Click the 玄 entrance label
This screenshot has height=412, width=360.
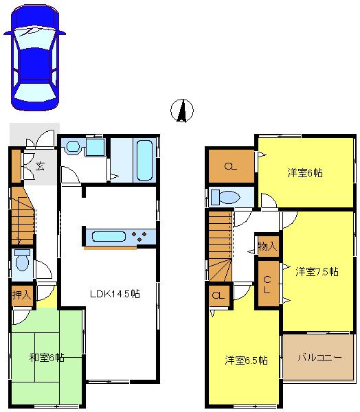(x=41, y=165)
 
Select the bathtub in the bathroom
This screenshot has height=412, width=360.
(x=144, y=160)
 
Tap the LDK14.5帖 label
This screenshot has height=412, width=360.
(x=115, y=293)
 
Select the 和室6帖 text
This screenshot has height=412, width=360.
(x=47, y=357)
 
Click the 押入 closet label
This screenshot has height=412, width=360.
(x=21, y=295)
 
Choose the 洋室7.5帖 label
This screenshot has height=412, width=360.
(x=317, y=271)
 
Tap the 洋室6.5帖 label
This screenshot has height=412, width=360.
(x=247, y=360)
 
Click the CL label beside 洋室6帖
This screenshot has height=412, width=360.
(x=232, y=165)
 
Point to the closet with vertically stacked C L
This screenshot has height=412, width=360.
(x=267, y=284)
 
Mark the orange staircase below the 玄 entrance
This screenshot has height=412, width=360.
(x=23, y=216)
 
